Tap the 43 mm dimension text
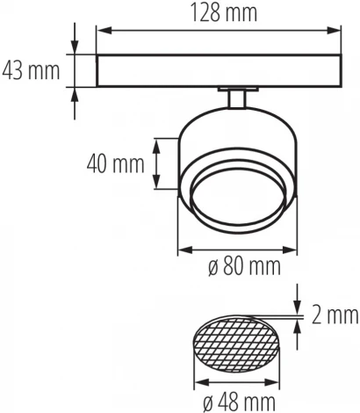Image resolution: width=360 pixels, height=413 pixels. pos(31,69)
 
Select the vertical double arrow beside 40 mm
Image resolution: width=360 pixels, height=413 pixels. pos(157,164)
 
